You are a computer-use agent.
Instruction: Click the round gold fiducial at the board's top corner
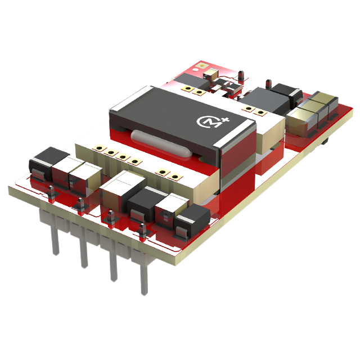[x=201, y=66]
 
